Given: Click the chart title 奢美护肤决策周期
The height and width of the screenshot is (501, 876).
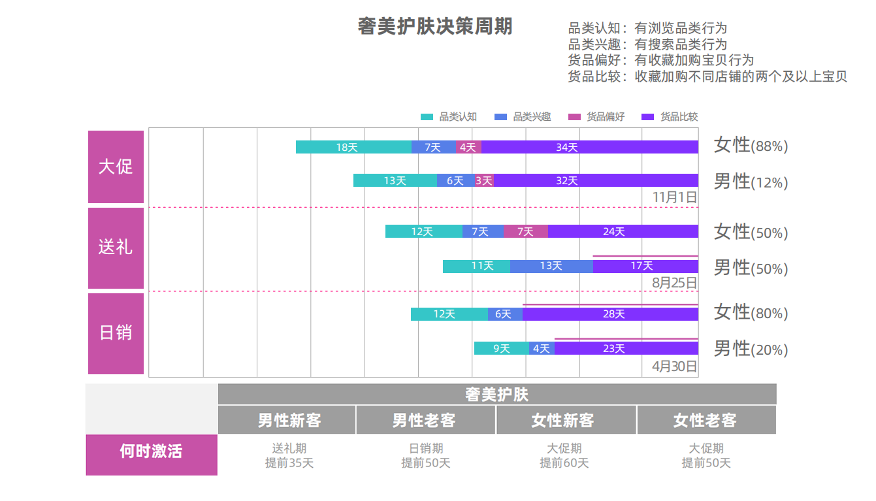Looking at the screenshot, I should (435, 27).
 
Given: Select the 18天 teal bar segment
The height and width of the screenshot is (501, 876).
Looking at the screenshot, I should (353, 147).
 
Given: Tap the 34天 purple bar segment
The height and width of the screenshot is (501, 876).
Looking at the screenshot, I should (589, 147).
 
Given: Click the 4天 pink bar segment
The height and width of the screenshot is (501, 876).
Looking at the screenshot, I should (468, 147).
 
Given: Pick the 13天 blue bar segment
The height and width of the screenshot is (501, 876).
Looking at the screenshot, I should (551, 266).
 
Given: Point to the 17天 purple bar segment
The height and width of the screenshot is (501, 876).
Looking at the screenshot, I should (645, 266).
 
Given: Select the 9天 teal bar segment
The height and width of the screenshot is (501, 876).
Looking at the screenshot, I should (501, 348).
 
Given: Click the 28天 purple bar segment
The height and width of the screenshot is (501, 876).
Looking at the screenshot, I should (610, 314).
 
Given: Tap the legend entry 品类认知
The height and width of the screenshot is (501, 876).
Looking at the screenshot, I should (449, 117).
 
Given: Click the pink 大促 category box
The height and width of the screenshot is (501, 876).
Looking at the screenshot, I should (116, 167).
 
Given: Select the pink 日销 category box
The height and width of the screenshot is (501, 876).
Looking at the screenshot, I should (116, 333).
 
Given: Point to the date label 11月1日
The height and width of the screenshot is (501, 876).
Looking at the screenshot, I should (675, 197).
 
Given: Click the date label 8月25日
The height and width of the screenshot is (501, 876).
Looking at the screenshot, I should (675, 283).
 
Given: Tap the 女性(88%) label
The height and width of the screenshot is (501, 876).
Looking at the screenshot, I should (751, 146).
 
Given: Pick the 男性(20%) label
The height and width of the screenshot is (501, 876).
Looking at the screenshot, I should (751, 349).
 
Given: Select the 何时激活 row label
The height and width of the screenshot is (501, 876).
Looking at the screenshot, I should (151, 451).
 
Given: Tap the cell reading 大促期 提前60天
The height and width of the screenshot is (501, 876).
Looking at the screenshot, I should (564, 456).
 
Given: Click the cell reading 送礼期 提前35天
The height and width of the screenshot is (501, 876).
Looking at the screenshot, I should (289, 456).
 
